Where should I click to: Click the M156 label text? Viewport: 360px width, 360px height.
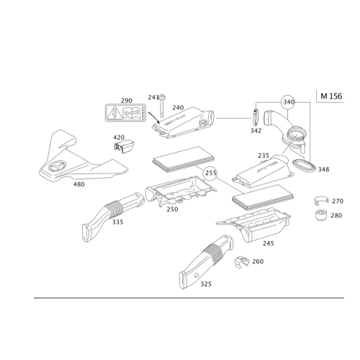(329, 95)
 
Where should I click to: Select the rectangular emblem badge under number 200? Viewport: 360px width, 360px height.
(126, 112)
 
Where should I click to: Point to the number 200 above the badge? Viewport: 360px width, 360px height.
(126, 100)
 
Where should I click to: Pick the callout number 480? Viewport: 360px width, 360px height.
(79, 184)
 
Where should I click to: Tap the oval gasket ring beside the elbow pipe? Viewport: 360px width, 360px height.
(305, 166)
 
